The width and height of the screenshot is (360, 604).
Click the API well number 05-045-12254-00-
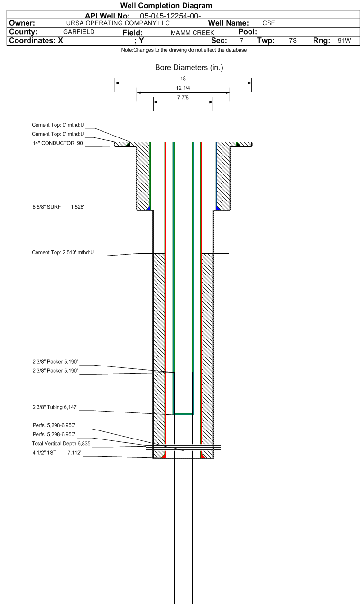[170, 16]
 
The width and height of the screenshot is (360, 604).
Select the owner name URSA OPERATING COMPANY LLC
[118, 23]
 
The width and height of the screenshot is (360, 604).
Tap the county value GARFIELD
[79, 32]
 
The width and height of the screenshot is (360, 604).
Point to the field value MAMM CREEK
[192, 33]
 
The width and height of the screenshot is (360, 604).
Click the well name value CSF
[268, 23]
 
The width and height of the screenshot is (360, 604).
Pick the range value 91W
[344, 41]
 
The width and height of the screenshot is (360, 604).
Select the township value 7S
[293, 41]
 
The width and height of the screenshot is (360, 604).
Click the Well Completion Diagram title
[166, 5]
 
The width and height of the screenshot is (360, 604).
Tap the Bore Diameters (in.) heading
[189, 67]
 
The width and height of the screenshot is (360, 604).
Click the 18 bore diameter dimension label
[183, 79]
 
